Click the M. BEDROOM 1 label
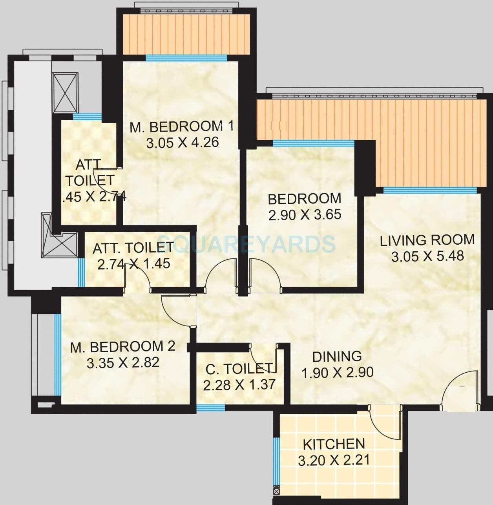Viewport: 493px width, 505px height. (182, 126)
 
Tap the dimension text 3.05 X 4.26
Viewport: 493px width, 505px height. (183, 143)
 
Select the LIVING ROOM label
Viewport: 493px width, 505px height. (427, 240)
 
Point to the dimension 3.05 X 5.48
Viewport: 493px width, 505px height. (427, 256)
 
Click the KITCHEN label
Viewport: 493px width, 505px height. (334, 444)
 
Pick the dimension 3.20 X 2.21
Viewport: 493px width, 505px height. (334, 460)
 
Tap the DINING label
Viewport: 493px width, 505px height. (337, 356)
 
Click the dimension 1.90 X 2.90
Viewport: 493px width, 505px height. (338, 372)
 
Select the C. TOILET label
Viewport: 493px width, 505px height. (239, 369)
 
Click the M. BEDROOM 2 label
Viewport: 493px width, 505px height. (122, 347)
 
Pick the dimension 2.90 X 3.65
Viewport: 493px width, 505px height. (305, 215)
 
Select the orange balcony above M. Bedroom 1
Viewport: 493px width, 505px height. (186, 34)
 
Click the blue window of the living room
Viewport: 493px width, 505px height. (430, 190)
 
